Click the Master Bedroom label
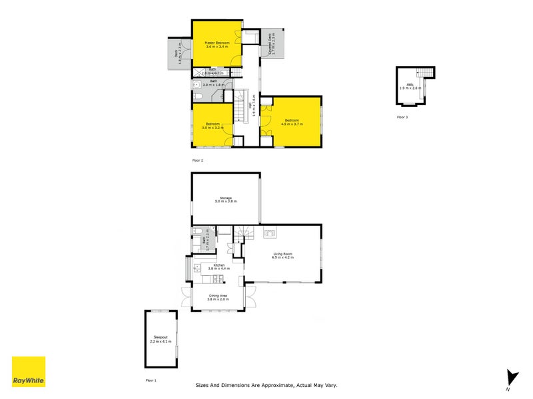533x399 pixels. pos(217,45)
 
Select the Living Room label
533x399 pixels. pos(283,255)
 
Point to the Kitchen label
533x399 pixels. pos(219,268)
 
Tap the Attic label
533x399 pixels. pos(411,86)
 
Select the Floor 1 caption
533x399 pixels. pos(151,380)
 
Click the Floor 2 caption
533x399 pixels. pos(197,160)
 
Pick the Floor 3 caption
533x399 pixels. pos(402,116)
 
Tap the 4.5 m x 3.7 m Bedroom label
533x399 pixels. pos(292,122)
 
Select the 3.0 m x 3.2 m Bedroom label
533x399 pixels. pos(213,126)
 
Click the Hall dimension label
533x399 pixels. pos(253,105)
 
